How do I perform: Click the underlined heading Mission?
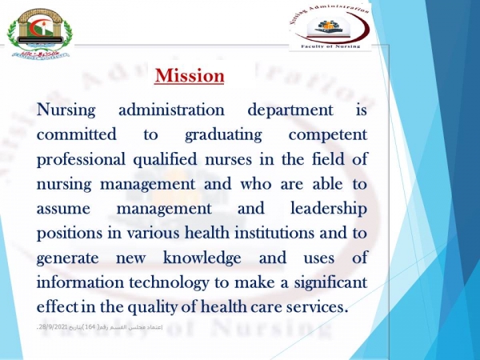[189, 76]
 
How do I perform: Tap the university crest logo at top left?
[38, 34]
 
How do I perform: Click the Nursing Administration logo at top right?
[330, 27]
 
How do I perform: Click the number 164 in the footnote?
[111, 331]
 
